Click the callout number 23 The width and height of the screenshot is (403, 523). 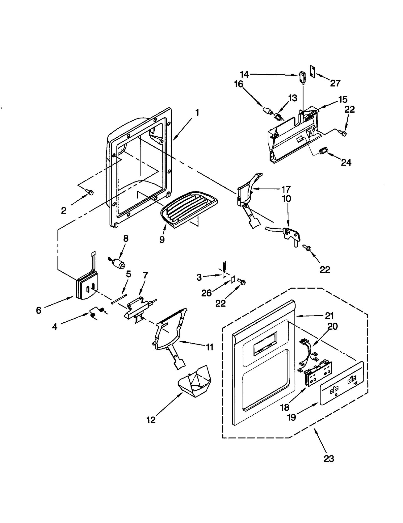329,459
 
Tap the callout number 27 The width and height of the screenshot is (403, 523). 335,83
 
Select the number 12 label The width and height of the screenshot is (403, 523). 151,420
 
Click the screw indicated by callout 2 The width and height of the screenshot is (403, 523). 90,192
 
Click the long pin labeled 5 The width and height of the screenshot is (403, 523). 119,299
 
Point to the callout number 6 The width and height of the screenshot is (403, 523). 38,310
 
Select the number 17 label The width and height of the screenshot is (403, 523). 286,189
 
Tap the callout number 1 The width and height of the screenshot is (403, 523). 197,113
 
